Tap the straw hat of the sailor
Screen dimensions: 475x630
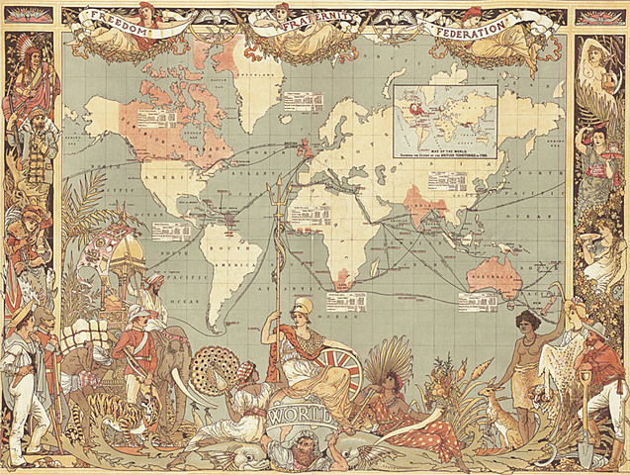21,316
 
